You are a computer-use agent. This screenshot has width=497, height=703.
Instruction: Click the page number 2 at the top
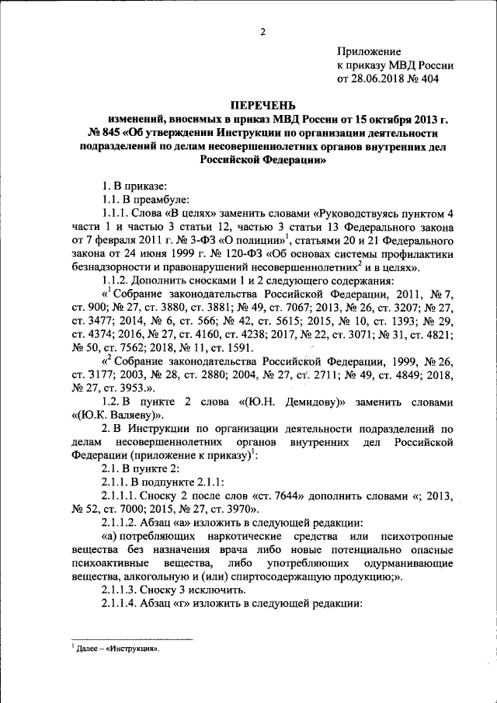(262, 31)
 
